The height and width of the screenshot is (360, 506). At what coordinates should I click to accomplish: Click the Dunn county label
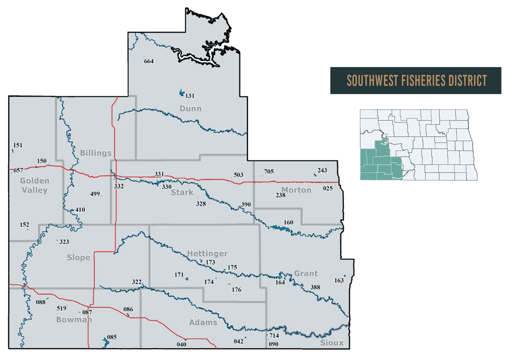tap(191, 109)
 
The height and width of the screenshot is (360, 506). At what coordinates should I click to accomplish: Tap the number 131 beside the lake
tap(190, 96)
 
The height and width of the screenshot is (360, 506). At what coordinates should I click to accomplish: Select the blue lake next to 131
tap(182, 93)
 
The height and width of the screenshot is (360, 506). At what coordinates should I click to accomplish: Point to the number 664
tap(149, 61)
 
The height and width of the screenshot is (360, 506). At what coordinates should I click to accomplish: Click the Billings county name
tap(96, 153)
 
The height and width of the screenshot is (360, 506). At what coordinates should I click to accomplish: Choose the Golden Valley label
tap(35, 185)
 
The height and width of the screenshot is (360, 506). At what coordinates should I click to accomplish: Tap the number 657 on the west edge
tap(18, 170)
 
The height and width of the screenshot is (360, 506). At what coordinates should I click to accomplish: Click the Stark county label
tap(182, 192)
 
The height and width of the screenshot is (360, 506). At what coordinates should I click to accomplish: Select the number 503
tap(238, 175)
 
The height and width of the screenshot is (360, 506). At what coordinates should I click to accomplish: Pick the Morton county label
tap(297, 190)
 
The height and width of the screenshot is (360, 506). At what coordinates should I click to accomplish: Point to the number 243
tap(322, 170)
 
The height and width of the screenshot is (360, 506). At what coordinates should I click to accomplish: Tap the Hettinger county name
tap(207, 253)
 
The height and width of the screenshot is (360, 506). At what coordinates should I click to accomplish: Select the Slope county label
tap(78, 257)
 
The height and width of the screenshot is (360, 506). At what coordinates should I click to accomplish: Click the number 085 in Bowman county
tap(112, 337)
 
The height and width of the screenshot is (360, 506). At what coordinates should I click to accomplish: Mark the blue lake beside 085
tap(106, 343)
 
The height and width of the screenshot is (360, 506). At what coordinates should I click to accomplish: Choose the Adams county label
tap(203, 322)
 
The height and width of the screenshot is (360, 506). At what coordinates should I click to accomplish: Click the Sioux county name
tap(332, 343)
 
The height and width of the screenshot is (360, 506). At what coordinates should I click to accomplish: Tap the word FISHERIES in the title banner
tap(424, 81)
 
